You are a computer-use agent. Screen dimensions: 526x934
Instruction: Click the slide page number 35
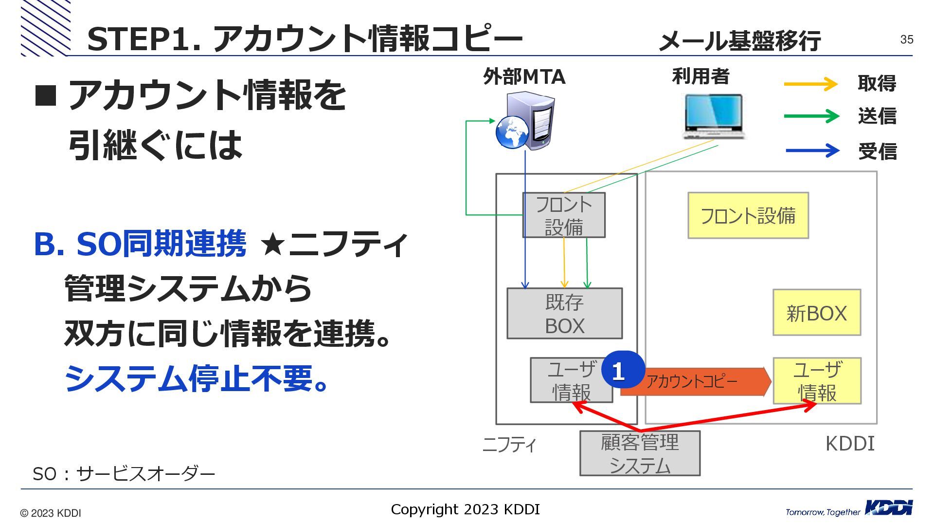coord(906,39)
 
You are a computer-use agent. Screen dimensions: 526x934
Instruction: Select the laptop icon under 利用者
coord(714,116)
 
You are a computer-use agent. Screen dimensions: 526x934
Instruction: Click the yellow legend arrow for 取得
coord(810,84)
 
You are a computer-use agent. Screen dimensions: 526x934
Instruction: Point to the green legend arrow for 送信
coord(811,116)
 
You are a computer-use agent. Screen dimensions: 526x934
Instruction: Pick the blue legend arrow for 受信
coord(812,150)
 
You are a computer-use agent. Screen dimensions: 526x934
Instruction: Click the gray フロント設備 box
coord(564,215)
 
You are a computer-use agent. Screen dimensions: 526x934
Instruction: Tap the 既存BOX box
coord(564,314)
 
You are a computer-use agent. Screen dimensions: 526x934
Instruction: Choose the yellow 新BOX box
coord(817,313)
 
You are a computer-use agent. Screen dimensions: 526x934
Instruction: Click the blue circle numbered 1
coord(623,370)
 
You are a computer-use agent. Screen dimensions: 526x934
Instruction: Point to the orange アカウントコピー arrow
coord(700,381)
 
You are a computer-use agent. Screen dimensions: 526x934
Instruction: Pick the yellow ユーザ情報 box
coord(817,381)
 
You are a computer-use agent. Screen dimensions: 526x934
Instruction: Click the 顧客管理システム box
coord(640,453)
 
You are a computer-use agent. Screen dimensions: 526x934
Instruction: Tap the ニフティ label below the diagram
coord(509,444)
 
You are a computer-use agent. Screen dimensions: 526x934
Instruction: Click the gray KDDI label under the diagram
coord(850,444)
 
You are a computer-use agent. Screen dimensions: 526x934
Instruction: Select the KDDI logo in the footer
coord(888,508)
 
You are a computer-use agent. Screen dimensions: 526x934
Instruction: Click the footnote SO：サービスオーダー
coord(124,473)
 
